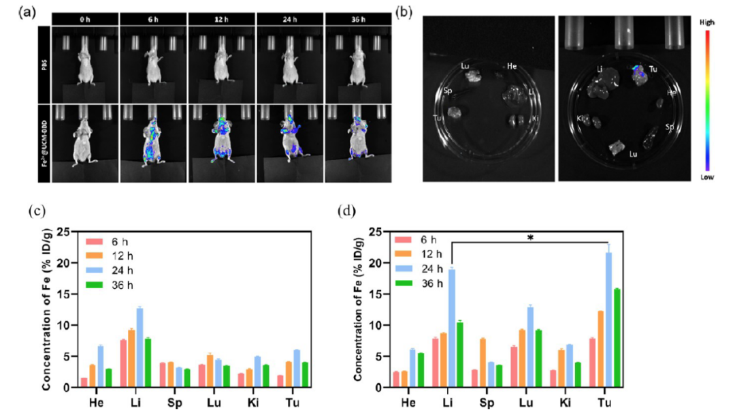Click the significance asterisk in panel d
(x=529, y=238)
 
